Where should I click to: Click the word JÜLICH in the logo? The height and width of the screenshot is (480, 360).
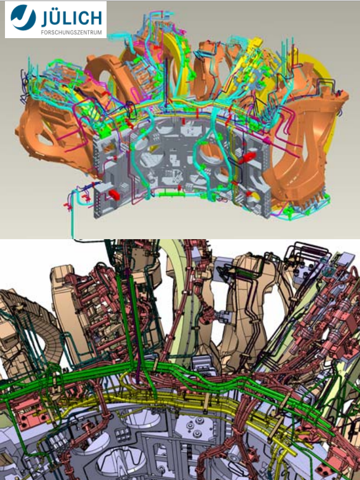pos(71,18)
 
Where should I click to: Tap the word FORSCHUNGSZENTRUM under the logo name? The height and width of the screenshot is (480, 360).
pos(71,33)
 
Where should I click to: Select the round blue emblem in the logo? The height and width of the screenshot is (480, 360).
pos(23,18)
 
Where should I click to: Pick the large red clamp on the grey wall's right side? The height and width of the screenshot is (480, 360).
pos(247,158)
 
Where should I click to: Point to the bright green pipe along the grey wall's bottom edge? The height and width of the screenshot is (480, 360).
pos(170,194)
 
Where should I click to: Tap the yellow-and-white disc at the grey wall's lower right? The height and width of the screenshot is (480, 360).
pos(253,197)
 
